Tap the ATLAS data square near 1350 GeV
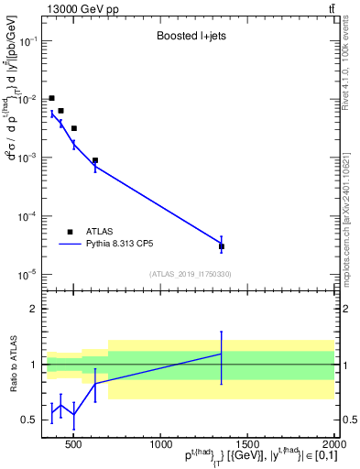(x=222, y=246)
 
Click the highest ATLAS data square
(x=51, y=98)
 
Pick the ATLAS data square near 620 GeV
(x=95, y=160)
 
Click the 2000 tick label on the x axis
(x=333, y=445)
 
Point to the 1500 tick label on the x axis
(x=246, y=445)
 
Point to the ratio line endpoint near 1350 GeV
(x=222, y=354)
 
